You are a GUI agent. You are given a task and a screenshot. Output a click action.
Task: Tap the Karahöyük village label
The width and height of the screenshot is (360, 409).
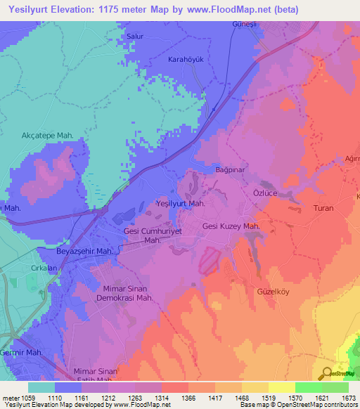tap(186, 59)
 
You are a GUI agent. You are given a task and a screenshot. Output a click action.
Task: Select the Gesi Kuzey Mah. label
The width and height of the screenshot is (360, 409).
tap(231, 226)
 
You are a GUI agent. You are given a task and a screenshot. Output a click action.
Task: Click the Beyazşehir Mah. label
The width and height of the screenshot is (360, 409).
tap(84, 251)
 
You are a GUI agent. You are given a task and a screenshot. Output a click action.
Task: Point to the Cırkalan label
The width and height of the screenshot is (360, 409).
tap(44, 268)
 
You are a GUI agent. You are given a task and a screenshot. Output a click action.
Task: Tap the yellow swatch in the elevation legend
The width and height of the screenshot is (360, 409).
tap(281, 387)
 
